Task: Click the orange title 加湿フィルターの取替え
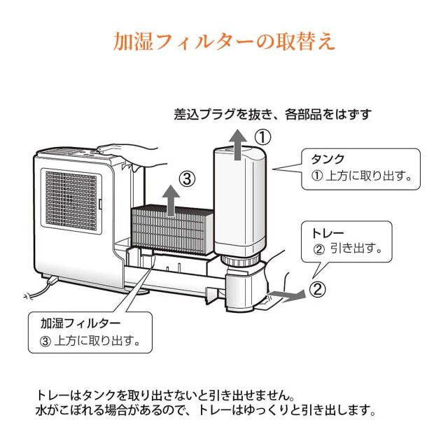point(224,39)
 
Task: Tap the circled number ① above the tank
point(261,136)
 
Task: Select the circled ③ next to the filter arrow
point(187,178)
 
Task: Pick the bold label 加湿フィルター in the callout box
point(81,323)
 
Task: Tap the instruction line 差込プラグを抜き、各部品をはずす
point(272,113)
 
